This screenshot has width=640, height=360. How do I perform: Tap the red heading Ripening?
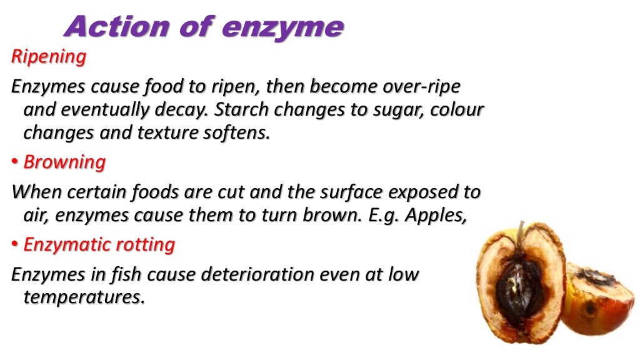pos(49,57)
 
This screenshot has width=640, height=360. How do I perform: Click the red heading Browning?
pos(64,162)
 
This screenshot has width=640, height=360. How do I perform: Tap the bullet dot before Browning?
pos(15,163)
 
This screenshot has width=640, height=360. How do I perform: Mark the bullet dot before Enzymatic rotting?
pos(15,245)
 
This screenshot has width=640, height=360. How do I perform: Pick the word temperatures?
pos(84,298)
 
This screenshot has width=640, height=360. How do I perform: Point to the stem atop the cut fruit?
pos(521,231)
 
